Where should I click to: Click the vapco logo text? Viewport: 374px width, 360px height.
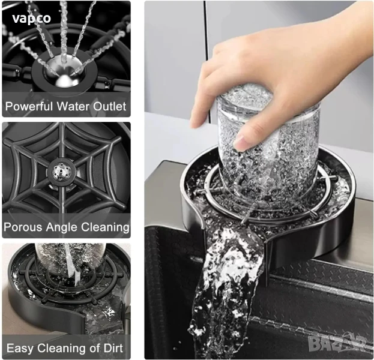(31, 19)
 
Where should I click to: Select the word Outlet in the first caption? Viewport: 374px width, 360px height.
(109, 106)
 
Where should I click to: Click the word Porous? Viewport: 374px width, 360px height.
(23, 227)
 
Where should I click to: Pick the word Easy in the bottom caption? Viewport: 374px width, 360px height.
(20, 349)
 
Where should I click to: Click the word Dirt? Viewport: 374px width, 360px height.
(113, 348)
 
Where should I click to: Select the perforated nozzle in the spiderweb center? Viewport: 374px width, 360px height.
(61, 171)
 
